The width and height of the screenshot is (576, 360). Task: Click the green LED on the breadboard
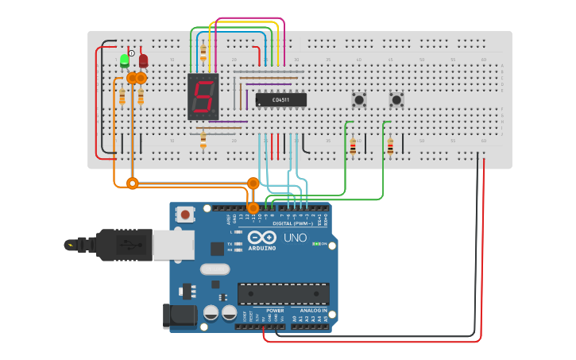coord(125,60)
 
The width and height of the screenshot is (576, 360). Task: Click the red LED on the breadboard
coord(143,60)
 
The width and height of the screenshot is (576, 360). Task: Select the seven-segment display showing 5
coord(203,97)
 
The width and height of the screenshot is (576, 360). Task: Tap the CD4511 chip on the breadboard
coord(280,99)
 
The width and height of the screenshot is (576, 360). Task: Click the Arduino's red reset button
coord(186,214)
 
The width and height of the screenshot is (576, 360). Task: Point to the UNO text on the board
coord(295,238)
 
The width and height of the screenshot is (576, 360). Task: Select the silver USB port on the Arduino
coord(173,246)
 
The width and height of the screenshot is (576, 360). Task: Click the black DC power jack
coord(180,315)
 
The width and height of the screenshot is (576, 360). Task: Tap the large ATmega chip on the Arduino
coord(283,293)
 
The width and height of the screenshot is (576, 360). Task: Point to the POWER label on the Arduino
coord(275,311)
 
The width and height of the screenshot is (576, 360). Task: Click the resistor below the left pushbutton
coord(353,146)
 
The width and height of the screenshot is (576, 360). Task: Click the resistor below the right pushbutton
coord(390,146)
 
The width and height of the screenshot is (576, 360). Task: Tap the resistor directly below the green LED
coord(122,97)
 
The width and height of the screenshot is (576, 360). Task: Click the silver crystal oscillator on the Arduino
coord(215,269)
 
